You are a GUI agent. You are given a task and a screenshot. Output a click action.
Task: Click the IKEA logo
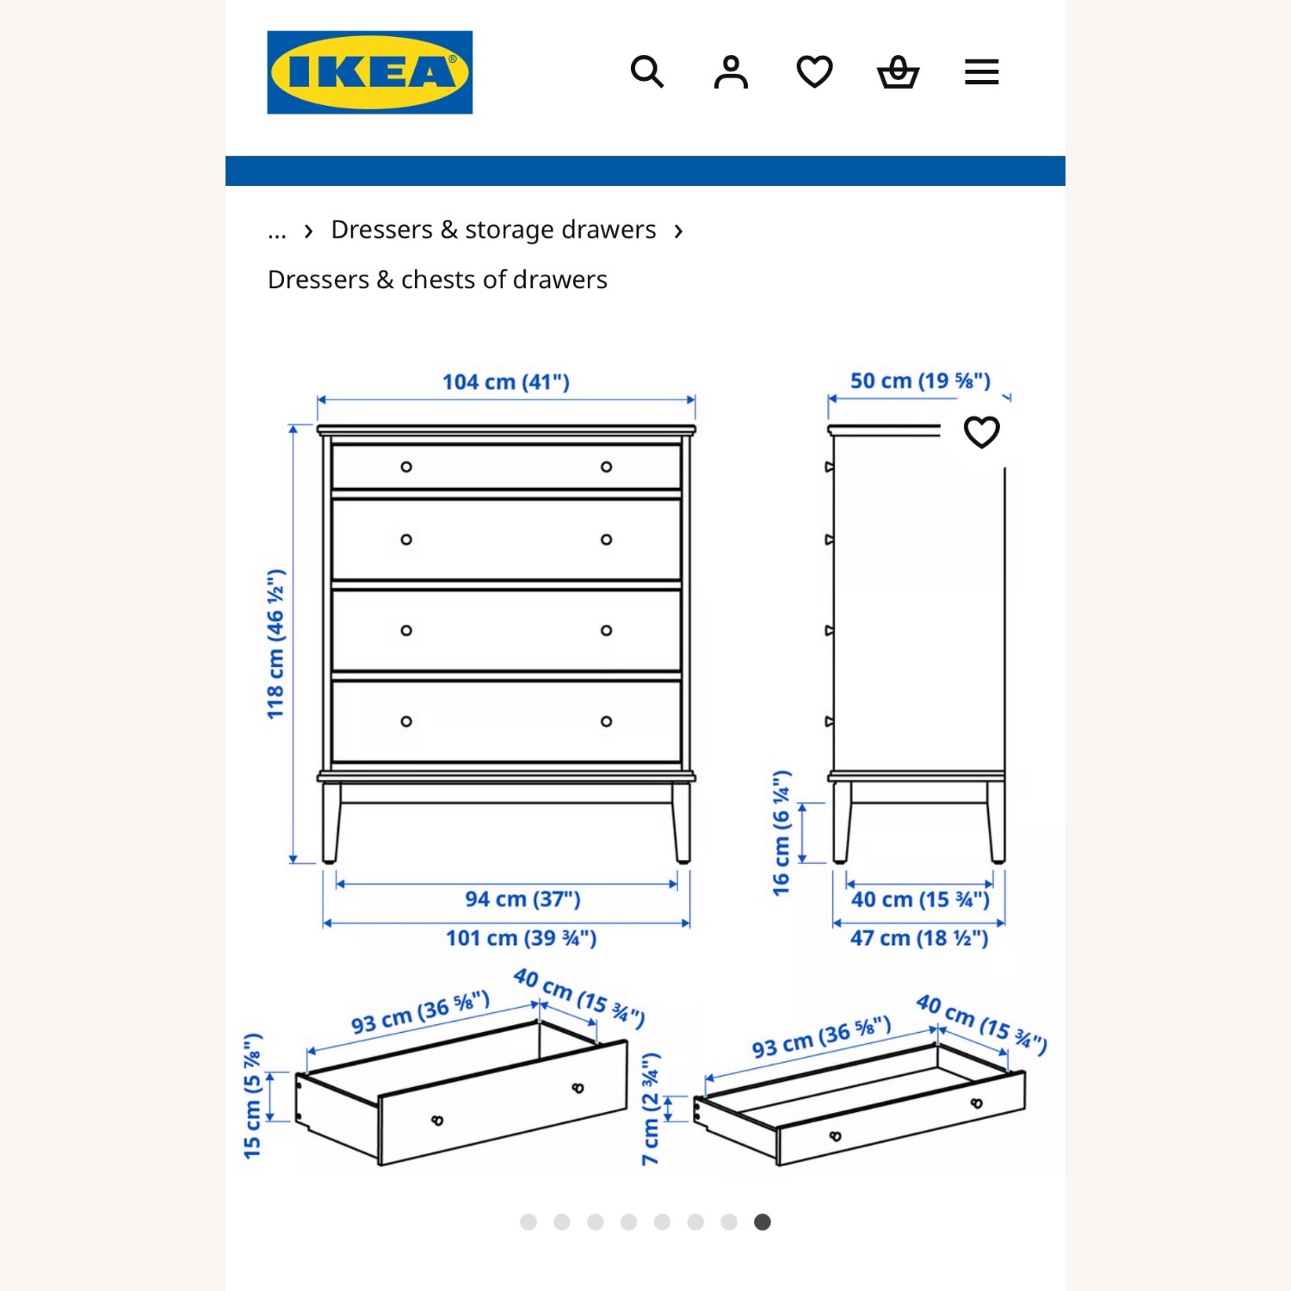coord(369,72)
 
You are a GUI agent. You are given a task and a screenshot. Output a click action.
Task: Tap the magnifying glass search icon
coord(646,72)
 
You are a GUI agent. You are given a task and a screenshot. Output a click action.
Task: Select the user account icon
coord(731,72)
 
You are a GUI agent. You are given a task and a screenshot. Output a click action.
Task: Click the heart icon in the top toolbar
coord(814,72)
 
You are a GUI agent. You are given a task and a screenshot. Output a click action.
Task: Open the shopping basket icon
coord(898,72)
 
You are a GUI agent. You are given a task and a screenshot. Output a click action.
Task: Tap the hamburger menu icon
coord(981,72)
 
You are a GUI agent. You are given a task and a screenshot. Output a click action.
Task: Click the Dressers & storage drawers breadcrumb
coord(493,230)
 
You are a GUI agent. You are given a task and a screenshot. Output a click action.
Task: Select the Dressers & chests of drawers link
coord(437,280)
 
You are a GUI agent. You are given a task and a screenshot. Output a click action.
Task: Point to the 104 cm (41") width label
coord(506,381)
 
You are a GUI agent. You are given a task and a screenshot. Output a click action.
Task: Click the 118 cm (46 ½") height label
coord(275,644)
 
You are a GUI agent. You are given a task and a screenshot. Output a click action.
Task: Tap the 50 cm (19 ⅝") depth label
coord(920,380)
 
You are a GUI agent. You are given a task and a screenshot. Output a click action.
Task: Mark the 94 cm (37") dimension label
coord(522,899)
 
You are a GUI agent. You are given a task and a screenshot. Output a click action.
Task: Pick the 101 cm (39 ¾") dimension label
coord(521,938)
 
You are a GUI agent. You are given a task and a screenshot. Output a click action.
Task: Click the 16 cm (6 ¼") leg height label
coord(781,833)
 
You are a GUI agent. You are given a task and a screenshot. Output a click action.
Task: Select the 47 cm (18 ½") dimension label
coord(919,938)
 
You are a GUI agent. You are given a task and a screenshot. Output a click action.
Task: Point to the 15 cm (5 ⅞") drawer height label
coord(252,1096)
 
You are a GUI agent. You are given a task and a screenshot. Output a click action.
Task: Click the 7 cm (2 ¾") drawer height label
coord(652,1109)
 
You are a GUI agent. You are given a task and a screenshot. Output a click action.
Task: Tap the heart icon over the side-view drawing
coord(981,432)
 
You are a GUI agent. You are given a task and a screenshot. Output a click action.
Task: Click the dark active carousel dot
coord(763,1222)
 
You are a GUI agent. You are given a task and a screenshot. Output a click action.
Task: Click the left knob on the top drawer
coord(406,466)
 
